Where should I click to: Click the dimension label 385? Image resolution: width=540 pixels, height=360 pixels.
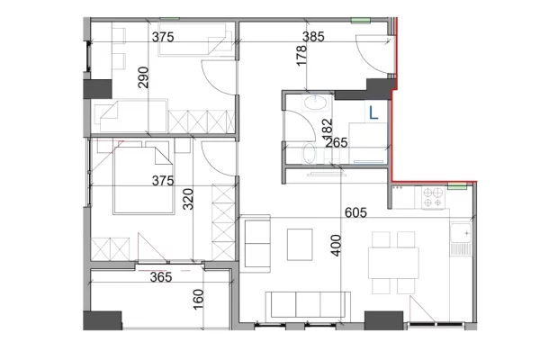[312, 37]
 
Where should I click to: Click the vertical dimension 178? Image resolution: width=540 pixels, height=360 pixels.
[301, 56]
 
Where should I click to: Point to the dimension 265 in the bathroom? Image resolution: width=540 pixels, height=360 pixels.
[337, 141]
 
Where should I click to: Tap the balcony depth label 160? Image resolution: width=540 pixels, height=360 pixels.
[198, 298]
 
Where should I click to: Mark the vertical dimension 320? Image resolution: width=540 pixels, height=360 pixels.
[189, 197]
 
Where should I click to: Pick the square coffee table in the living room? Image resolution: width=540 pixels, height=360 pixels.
[300, 243]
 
